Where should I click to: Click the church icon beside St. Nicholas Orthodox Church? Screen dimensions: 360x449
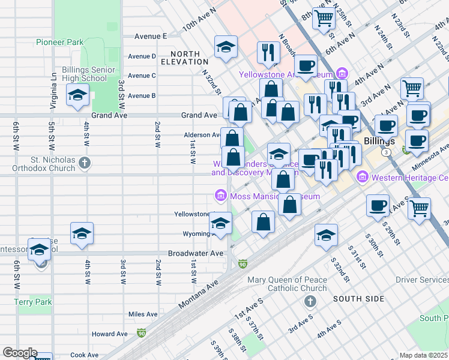(x=85, y=162)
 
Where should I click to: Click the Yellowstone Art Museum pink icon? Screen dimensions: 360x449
(x=342, y=74)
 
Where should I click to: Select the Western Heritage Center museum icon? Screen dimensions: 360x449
(x=362, y=178)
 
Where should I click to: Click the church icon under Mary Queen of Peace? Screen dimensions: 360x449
(x=310, y=300)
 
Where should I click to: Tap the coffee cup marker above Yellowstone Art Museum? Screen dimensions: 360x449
(x=306, y=65)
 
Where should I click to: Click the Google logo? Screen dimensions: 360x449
(x=19, y=353)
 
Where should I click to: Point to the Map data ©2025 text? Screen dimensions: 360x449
(x=424, y=355)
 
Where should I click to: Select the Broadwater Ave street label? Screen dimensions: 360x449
(x=196, y=254)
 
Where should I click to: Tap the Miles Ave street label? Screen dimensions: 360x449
(x=143, y=314)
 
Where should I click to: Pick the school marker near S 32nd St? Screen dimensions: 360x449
(x=326, y=235)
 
